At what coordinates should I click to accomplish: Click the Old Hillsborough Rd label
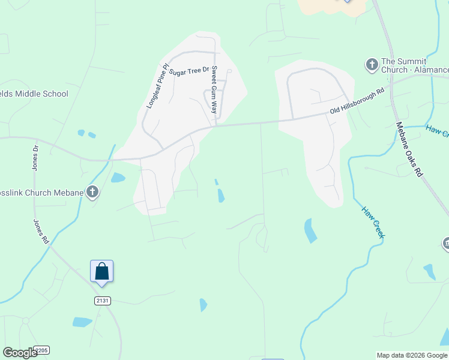tap(357, 103)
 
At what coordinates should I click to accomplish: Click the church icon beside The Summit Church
tap(372, 64)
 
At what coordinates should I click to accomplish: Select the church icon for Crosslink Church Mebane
tap(92, 192)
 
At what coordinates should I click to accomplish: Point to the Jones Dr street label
tap(35, 158)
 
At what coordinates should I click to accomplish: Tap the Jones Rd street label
tap(41, 230)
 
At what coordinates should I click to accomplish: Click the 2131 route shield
tap(102, 301)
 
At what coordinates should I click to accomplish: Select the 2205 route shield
tap(41, 350)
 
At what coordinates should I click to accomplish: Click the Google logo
tap(20, 353)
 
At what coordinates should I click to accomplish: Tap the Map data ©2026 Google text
tap(412, 355)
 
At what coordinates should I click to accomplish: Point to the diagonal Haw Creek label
tap(372, 222)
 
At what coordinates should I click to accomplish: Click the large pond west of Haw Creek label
tap(310, 230)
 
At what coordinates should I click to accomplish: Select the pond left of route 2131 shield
tap(82, 322)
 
